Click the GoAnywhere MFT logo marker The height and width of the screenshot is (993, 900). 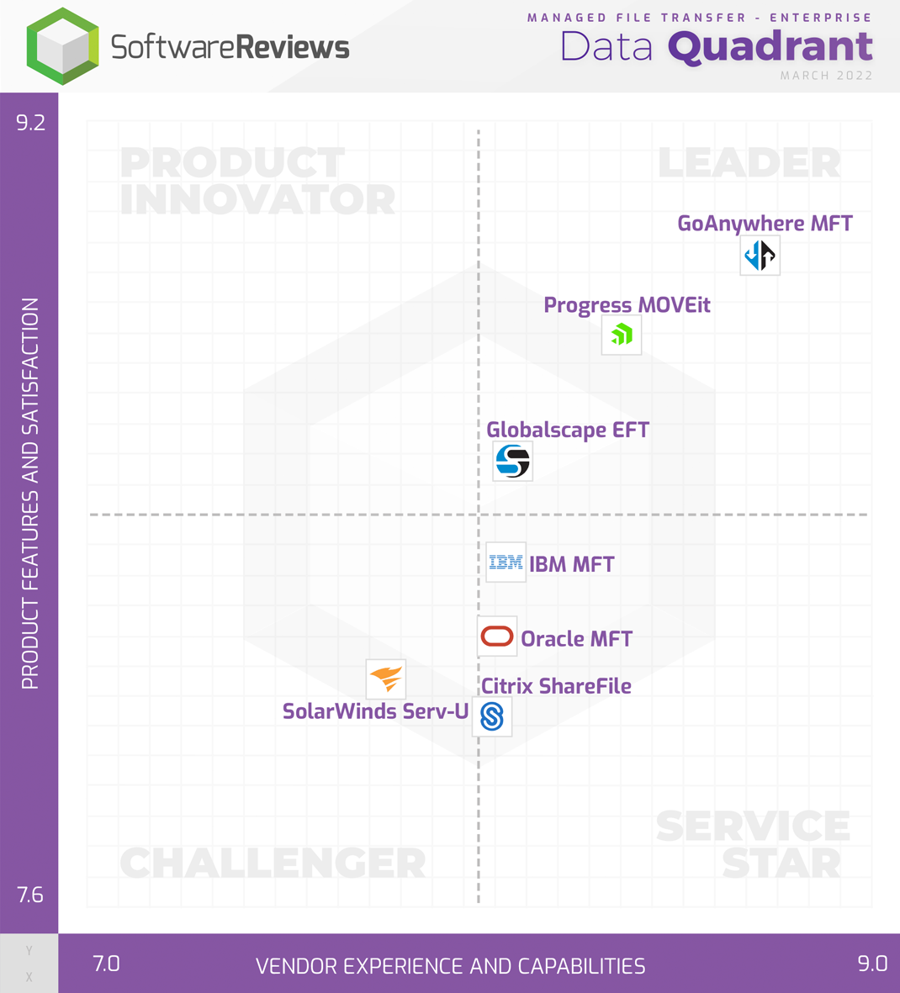760,256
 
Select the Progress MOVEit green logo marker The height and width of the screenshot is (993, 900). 622,335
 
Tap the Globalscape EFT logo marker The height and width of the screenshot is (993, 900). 512,461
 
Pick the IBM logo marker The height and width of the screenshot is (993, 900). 506,563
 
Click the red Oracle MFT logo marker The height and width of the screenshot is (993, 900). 497,636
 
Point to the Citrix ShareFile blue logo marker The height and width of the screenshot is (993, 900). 492,716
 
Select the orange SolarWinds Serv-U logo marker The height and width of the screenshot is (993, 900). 386,679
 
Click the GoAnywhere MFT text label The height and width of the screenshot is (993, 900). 765,224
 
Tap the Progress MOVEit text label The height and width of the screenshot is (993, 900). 627,305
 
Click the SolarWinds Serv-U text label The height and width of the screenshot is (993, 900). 375,711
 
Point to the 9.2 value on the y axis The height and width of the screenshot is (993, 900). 30,123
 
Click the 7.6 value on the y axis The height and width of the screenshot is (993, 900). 30,895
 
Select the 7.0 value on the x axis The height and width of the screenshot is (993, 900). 106,964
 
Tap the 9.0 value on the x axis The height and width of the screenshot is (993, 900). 872,964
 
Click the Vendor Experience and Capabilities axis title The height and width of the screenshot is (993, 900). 450,966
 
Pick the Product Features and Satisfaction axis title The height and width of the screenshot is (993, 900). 30,494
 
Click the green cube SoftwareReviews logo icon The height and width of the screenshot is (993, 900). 63,46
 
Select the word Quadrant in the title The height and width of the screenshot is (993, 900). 770,47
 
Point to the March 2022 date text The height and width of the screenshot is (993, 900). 826,76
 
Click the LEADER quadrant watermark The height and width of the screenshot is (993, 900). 749,163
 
